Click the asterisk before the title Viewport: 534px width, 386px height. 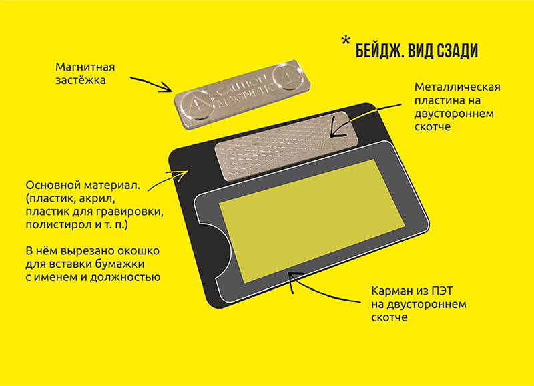(x=346, y=41)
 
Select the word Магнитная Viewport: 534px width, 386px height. (x=85, y=67)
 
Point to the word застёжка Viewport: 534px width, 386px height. (x=80, y=80)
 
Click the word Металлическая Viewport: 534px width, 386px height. (x=457, y=87)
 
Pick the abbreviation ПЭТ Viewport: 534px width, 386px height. (x=443, y=291)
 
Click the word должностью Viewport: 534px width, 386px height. (x=125, y=277)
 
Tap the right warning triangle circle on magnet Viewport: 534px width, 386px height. (x=288, y=75)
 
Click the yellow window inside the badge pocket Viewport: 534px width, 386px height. (x=311, y=220)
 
